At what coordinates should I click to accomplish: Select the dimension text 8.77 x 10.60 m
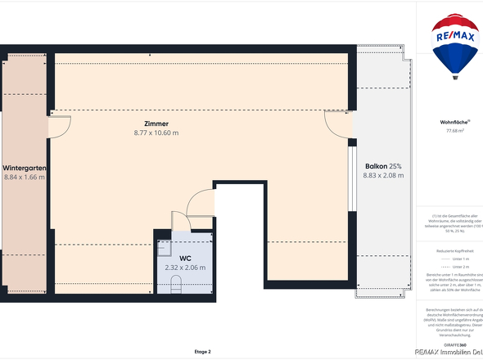(156, 133)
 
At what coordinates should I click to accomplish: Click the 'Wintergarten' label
(24, 168)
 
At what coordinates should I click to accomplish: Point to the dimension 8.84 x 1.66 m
(25, 177)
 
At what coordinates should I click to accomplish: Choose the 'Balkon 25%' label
(383, 166)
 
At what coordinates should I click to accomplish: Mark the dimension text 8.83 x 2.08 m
(383, 175)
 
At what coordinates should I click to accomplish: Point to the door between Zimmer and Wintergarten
(58, 127)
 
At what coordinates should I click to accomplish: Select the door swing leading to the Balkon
(336, 124)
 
